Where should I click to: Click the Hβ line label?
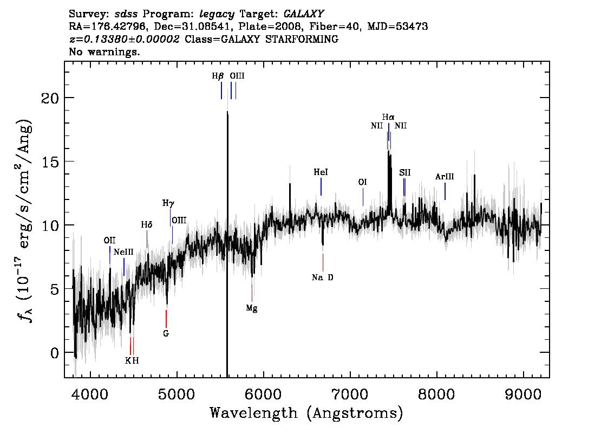point(218,76)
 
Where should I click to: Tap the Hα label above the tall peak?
point(388,117)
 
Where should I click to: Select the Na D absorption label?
point(322,277)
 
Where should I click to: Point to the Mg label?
point(252,308)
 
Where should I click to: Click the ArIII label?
point(445,177)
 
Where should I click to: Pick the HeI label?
point(321,172)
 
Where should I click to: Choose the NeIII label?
point(123,252)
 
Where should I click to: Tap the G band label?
point(166,333)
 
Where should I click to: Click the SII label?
point(405,172)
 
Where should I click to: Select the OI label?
point(363,182)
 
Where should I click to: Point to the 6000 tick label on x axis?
point(264,394)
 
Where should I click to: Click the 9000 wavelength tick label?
point(523,394)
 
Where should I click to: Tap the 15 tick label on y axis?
point(50,162)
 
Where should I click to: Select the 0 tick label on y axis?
point(55,353)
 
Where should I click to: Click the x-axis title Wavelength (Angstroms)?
point(306,413)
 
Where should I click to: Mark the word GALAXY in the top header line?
point(304,14)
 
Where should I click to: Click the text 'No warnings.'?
point(104,51)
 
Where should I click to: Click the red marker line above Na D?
point(323,262)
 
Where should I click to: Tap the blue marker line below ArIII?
point(445,191)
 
